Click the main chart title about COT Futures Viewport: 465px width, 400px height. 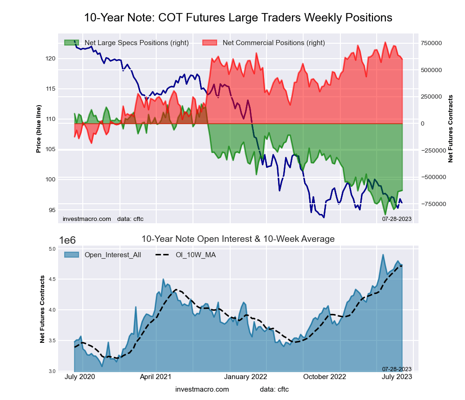coord(238,18)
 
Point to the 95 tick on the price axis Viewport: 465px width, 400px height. coord(52,210)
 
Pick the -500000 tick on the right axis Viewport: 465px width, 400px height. coord(432,177)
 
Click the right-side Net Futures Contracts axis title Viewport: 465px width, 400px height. coord(450,128)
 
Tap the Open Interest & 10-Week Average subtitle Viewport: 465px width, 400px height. coord(238,239)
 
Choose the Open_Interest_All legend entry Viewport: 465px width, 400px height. coord(113,254)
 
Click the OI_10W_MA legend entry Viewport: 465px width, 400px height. coord(195,254)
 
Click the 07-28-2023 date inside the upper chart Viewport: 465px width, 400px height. coord(397,219)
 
